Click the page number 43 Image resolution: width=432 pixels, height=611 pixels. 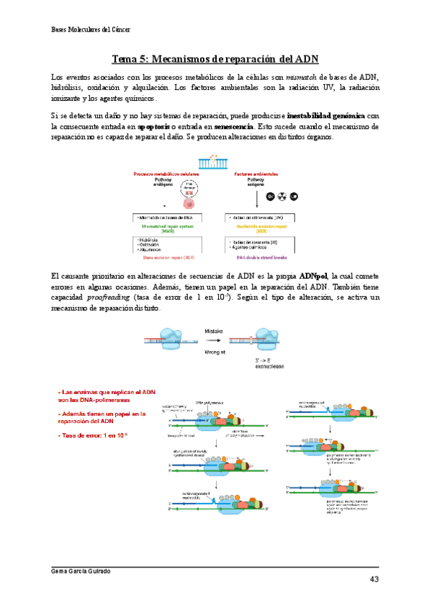point(374,579)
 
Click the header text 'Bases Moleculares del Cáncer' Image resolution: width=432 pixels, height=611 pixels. point(96,30)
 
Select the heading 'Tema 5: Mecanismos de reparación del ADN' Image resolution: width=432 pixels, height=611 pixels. point(215,58)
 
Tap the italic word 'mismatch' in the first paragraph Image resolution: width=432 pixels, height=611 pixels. point(302,77)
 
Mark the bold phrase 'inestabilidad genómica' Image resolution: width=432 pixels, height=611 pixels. point(326,116)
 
